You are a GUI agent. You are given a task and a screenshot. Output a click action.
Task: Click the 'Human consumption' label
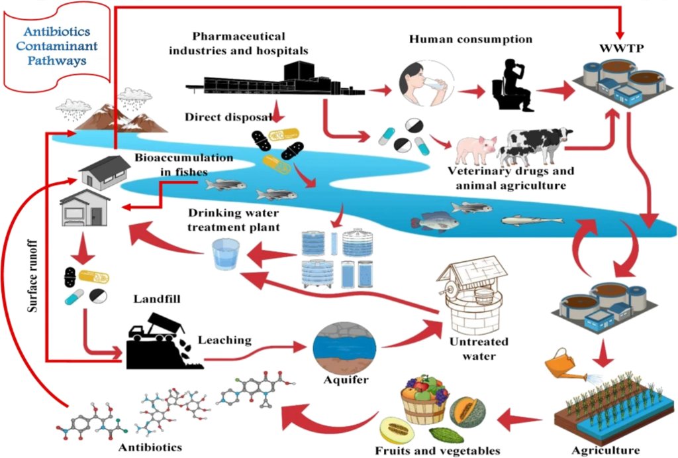(470, 39)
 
